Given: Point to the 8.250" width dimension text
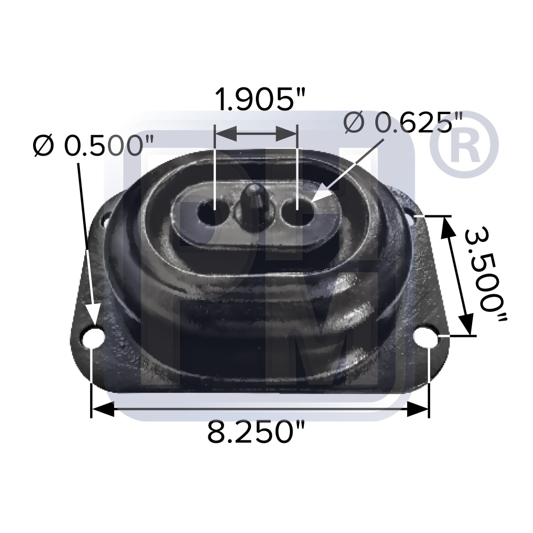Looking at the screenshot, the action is click(x=256, y=432).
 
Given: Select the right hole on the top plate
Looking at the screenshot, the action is click(x=297, y=213).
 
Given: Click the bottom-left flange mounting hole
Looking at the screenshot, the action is click(x=94, y=337).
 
